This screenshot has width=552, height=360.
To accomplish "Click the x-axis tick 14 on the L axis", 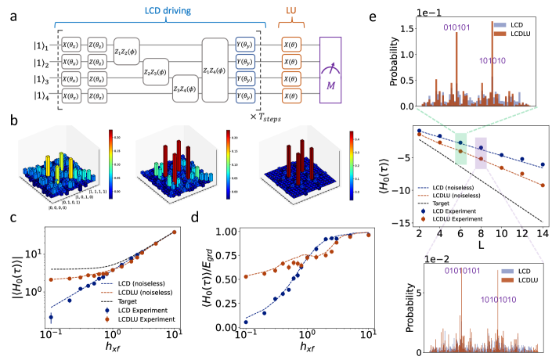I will click(542, 234).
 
